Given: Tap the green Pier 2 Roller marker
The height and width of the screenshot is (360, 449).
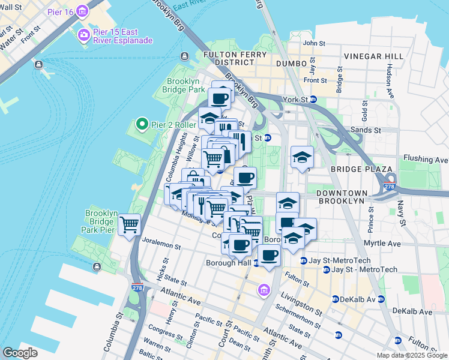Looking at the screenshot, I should [x=142, y=125].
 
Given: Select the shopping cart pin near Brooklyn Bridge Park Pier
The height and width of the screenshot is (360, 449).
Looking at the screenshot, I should [x=130, y=226].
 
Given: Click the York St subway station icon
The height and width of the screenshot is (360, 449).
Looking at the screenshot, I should [x=313, y=100].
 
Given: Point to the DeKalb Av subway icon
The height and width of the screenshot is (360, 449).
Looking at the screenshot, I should [x=336, y=299].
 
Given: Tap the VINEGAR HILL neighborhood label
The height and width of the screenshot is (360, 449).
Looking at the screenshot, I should [x=374, y=56].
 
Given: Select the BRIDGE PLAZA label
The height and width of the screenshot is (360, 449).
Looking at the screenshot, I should [x=354, y=170].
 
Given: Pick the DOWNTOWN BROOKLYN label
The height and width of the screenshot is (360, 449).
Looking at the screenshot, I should [x=341, y=197].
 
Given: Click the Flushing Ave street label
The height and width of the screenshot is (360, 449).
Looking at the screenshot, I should [x=426, y=160].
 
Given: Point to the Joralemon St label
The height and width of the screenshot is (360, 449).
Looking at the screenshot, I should [x=162, y=245].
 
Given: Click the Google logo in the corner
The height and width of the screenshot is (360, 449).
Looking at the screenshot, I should [x=20, y=353].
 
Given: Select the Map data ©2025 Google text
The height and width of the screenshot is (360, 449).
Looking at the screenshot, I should [x=412, y=355].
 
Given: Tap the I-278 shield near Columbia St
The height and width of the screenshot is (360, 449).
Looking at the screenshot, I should [x=137, y=288].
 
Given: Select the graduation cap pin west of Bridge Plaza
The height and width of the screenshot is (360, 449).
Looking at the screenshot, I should [x=301, y=158].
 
